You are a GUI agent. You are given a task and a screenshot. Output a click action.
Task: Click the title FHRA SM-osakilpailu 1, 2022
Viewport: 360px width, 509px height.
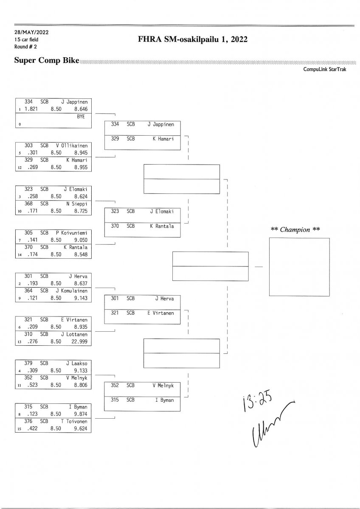pyautogui.click(x=192, y=39)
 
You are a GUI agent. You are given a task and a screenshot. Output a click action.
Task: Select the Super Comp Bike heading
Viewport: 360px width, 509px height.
pyautogui.click(x=47, y=61)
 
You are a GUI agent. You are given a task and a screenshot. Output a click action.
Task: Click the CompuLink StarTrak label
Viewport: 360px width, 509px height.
pyautogui.click(x=324, y=69)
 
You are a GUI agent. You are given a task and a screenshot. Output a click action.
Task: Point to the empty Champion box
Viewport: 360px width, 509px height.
pyautogui.click(x=299, y=267)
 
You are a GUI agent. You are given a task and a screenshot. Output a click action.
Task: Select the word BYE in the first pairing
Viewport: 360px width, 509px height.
pyautogui.click(x=81, y=116)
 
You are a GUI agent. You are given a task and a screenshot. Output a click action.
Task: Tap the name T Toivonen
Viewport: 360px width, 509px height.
pyautogui.click(x=74, y=421)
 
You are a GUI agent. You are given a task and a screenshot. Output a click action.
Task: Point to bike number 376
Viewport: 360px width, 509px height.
pyautogui.click(x=29, y=421)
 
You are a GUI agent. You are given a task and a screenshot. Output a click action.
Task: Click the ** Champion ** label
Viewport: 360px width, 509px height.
pyautogui.click(x=295, y=229)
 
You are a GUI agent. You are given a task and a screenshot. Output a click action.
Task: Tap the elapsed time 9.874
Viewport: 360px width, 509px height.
pyautogui.click(x=80, y=414)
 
